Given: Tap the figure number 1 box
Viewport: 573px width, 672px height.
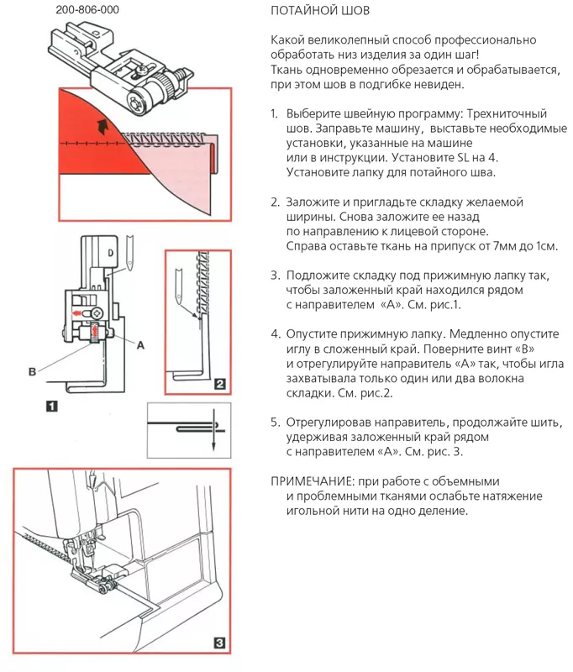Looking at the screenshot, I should [x=52, y=406].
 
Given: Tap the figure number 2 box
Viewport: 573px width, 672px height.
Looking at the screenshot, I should [x=220, y=385].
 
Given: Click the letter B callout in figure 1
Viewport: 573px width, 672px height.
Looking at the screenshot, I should [x=31, y=370].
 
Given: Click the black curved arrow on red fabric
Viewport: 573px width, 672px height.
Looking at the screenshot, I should [x=103, y=127].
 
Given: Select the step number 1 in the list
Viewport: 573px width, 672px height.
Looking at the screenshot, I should [x=275, y=113].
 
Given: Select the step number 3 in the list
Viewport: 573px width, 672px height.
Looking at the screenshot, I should [x=275, y=276].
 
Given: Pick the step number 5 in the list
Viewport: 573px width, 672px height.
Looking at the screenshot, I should [x=275, y=423].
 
